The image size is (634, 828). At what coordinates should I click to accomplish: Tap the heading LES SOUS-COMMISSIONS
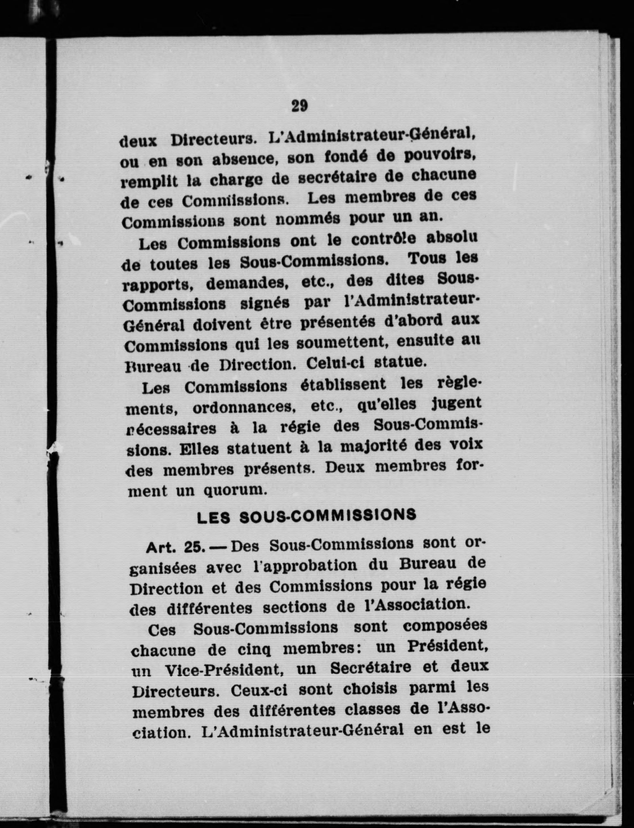click(x=307, y=516)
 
